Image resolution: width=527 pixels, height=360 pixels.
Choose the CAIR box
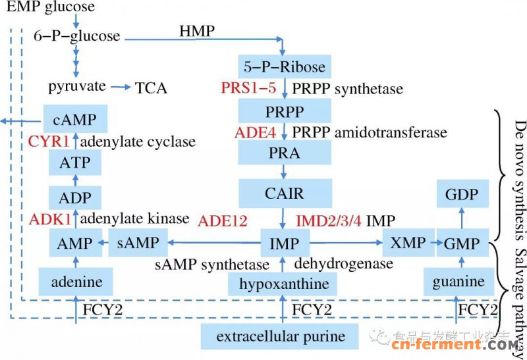click(284, 193)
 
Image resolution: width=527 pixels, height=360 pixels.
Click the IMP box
click(284, 244)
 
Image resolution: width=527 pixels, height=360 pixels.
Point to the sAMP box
click(138, 243)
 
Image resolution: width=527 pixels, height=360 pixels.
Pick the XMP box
click(408, 243)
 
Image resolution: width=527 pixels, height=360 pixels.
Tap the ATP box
click(76, 161)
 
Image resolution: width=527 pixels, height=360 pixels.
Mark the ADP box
click(76, 197)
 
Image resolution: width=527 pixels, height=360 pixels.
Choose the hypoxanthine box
click(283, 285)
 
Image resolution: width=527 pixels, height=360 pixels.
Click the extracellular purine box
click(283, 337)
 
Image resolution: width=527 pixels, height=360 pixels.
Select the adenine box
click(77, 282)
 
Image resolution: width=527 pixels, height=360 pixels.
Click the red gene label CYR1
click(48, 141)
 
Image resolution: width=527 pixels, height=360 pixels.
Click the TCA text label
click(151, 88)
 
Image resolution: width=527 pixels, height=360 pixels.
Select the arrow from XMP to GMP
click(436, 243)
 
